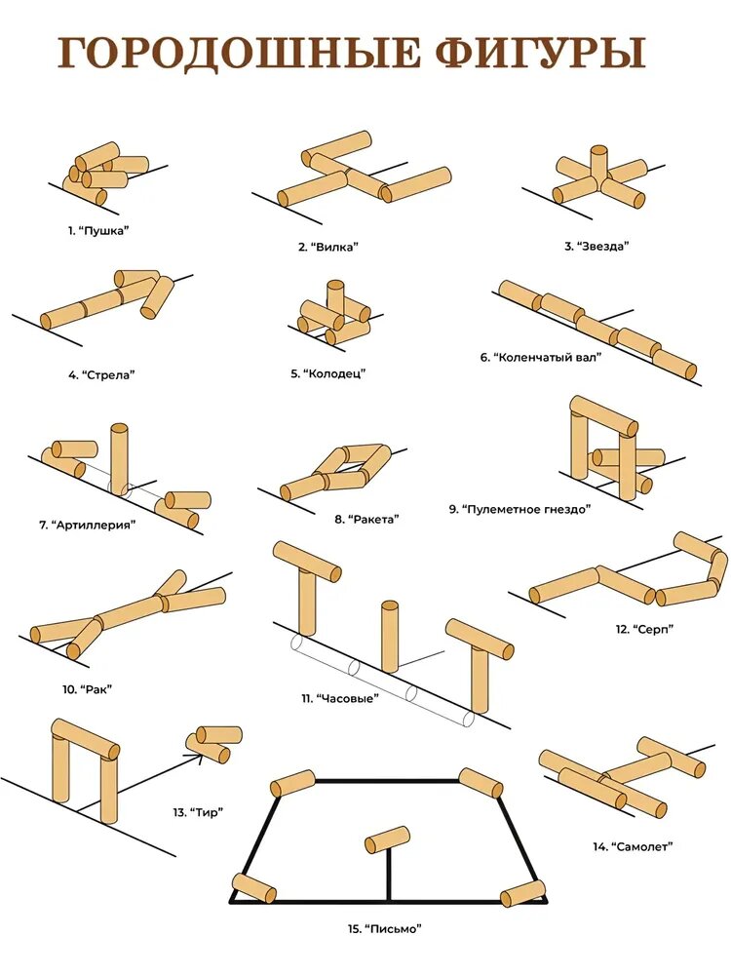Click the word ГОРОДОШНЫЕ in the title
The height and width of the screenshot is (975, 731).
[x=239, y=54]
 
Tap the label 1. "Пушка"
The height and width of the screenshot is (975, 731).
[x=98, y=231]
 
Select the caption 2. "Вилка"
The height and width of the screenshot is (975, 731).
[x=328, y=247]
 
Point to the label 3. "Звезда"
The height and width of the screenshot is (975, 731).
[x=596, y=246]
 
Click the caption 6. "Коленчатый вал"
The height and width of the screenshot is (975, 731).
[x=541, y=358]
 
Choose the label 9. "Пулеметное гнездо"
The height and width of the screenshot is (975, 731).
[x=519, y=509]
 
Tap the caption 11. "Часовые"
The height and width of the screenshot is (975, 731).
[x=340, y=698]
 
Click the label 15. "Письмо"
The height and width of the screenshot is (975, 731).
[x=385, y=929]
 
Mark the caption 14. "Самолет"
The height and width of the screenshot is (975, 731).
[x=633, y=846]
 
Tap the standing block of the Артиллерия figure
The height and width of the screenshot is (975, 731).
[x=119, y=459]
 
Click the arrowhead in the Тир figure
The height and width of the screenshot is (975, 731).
[x=198, y=757]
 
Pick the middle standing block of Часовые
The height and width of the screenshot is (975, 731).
[x=390, y=636]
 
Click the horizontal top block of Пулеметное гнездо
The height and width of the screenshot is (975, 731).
[x=604, y=415]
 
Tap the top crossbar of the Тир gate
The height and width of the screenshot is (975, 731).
[x=85, y=739]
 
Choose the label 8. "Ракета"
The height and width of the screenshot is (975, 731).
[x=366, y=520]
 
